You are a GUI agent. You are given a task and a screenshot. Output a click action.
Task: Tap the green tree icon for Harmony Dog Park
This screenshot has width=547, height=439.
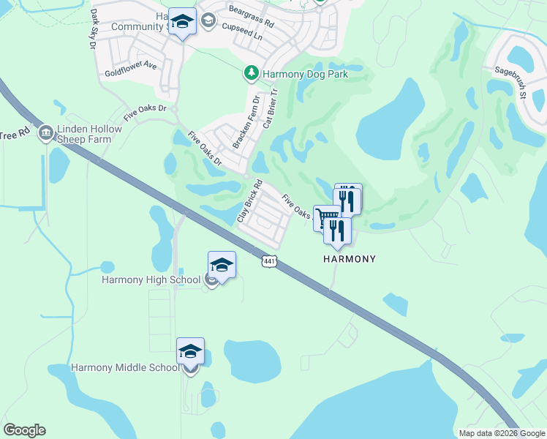251,73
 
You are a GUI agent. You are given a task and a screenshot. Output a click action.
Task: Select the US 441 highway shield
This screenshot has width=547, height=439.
268,260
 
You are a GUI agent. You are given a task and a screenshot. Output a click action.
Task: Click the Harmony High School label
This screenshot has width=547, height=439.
151,279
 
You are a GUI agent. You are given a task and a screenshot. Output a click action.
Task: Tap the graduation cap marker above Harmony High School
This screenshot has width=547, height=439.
222,265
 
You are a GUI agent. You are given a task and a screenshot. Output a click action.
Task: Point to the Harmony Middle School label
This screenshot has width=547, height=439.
125,367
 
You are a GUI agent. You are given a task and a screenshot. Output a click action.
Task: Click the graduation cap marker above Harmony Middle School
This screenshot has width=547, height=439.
190,351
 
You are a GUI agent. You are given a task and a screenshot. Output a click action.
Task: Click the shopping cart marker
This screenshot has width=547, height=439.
328,217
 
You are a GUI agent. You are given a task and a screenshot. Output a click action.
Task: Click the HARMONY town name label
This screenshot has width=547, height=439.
350,259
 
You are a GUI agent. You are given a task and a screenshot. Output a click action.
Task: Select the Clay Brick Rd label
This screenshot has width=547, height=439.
249,201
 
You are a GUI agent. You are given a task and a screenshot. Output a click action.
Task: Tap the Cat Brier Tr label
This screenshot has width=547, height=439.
270,108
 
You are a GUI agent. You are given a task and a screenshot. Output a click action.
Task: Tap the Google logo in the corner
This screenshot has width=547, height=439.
24,430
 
